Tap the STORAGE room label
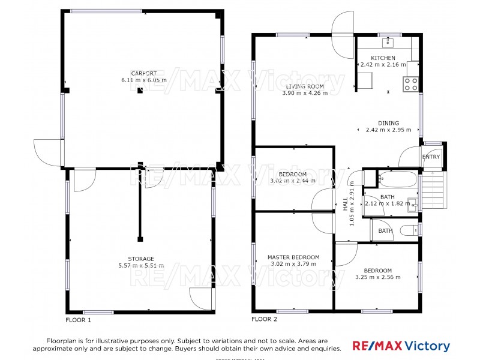tap(143, 259)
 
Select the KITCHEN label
tap(383, 58)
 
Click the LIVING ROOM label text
tap(304, 86)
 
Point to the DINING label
tap(388, 123)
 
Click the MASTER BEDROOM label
tap(293, 257)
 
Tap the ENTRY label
tap(431, 157)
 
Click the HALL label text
tap(346, 205)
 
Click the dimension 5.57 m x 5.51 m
tap(143, 265)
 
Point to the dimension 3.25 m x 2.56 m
tap(378, 277)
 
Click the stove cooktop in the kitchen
tap(411, 84)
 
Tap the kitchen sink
tap(388, 41)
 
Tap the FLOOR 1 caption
tap(78, 320)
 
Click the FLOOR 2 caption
tap(264, 319)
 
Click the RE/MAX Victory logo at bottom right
tap(401, 346)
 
